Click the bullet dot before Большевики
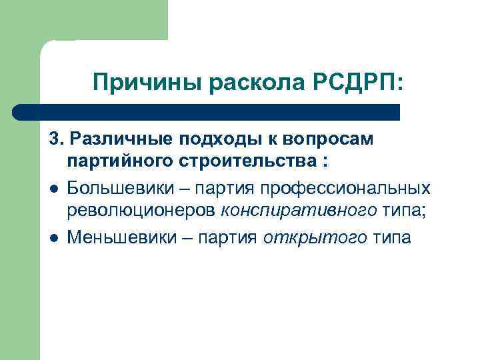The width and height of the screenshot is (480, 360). coord(53,189)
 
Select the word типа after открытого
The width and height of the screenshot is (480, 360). coord(392,237)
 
